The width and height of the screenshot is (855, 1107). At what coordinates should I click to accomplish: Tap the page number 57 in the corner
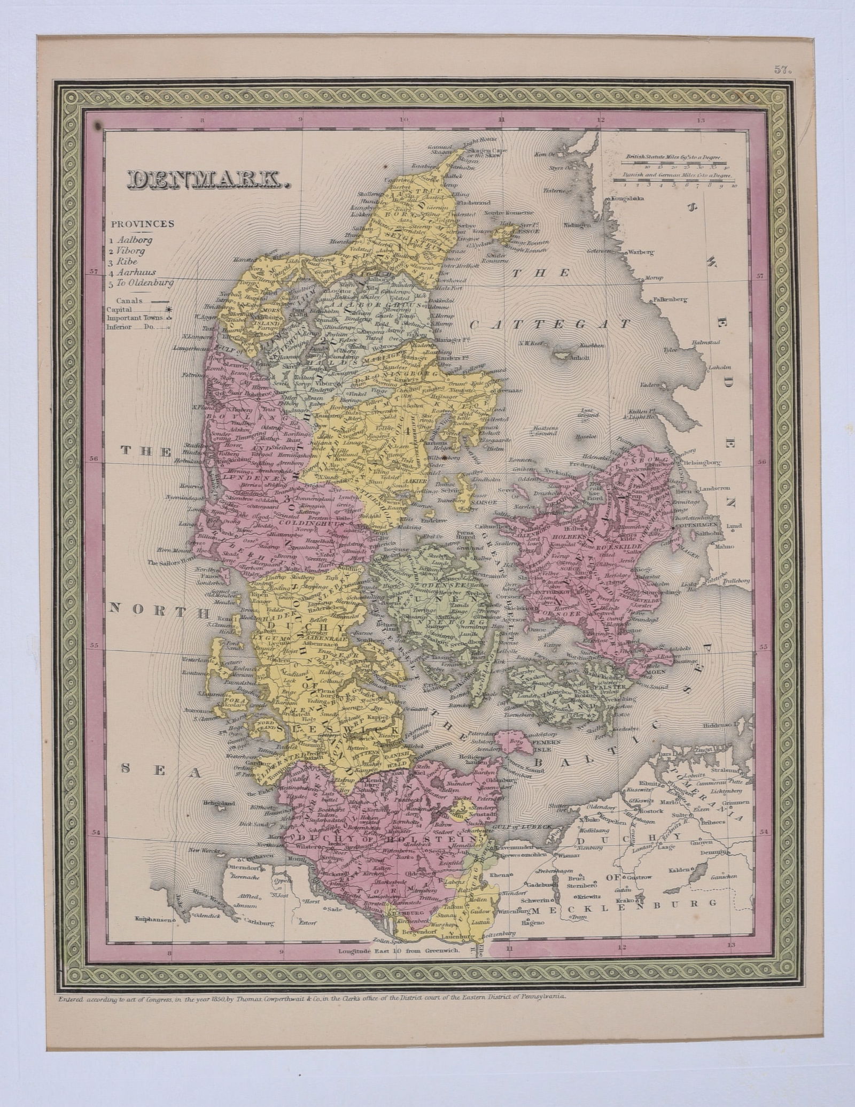(x=781, y=69)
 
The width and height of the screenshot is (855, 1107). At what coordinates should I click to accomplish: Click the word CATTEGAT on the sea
(x=550, y=325)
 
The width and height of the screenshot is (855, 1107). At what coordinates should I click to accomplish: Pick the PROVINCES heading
(x=143, y=224)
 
